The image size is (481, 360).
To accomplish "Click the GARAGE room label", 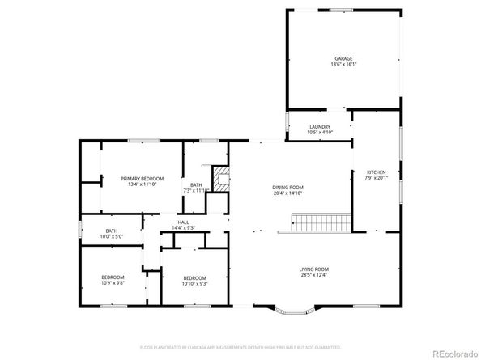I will [344, 59].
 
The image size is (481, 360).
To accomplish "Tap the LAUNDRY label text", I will [320, 125].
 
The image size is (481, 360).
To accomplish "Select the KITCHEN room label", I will [377, 172].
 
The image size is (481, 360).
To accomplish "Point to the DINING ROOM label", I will [287, 187].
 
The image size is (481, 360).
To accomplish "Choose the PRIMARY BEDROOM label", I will [142, 178].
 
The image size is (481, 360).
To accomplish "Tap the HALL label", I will [185, 222].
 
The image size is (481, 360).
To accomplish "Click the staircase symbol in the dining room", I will [321, 221].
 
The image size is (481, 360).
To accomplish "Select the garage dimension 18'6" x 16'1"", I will [344, 65].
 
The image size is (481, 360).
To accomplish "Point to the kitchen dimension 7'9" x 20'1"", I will [377, 178].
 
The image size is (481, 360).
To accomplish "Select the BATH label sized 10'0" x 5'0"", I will [112, 231].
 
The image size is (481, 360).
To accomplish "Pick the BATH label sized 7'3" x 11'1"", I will [197, 185].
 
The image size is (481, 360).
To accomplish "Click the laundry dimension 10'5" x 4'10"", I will [320, 131].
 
